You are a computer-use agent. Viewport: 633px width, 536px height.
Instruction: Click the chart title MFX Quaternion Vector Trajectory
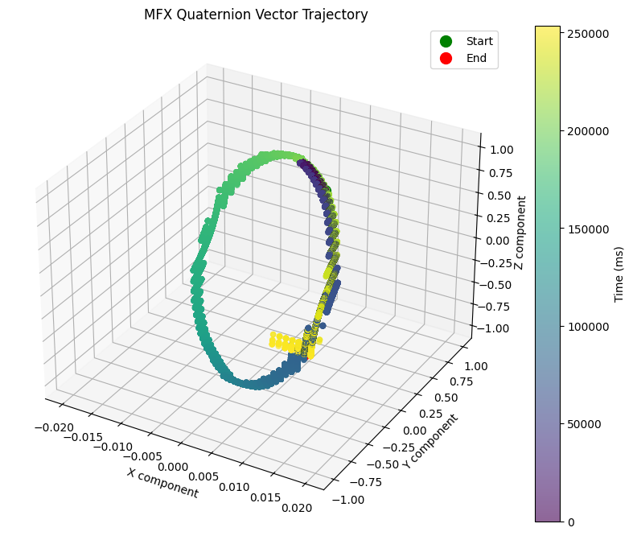pyautogui.click(x=256, y=14)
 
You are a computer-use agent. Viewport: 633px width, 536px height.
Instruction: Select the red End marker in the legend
pyautogui.click(x=446, y=58)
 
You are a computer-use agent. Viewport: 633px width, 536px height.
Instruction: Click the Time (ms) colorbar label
pyautogui.click(x=619, y=274)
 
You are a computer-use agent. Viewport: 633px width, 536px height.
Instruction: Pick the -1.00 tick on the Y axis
pyautogui.click(x=351, y=498)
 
